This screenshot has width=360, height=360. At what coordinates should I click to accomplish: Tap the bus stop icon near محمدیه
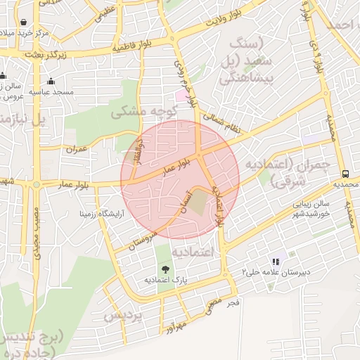[345, 173]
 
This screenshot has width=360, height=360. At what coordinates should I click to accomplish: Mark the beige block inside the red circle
[200, 201]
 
